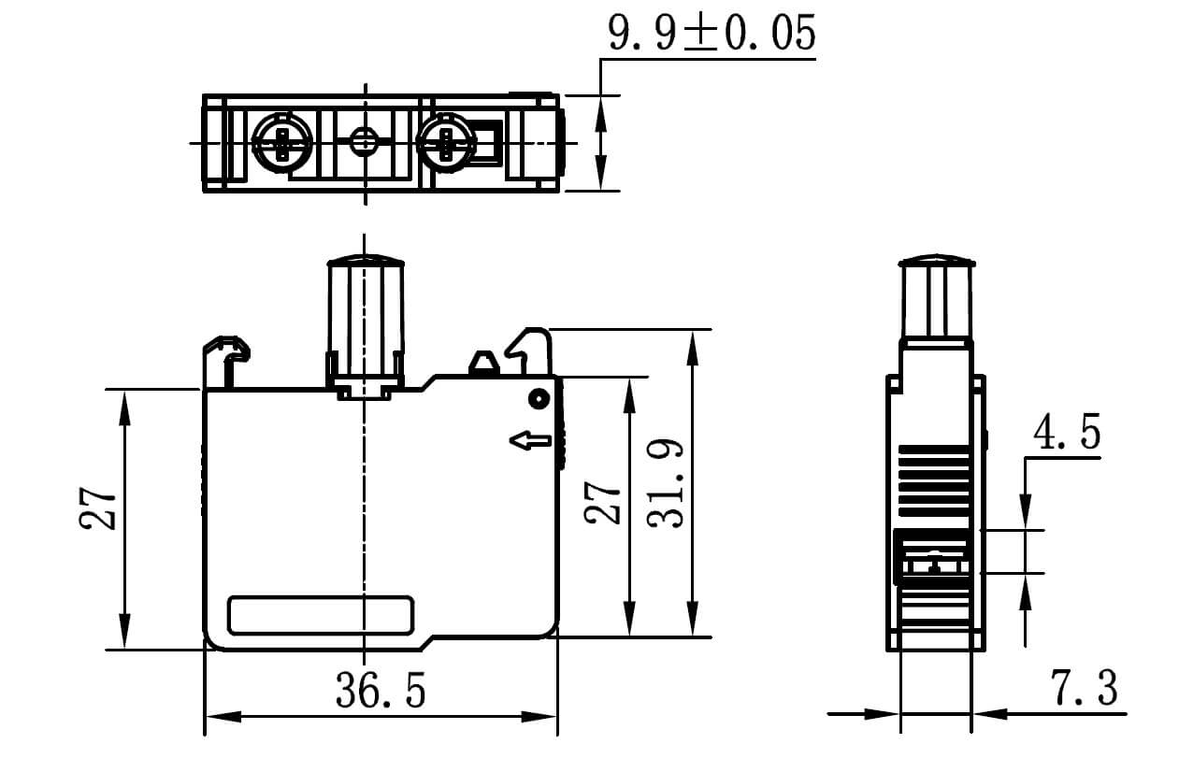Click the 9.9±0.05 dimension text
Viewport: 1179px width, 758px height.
pos(712,34)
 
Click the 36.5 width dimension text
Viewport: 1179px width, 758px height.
pos(381,691)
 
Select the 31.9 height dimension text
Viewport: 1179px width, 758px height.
pos(670,485)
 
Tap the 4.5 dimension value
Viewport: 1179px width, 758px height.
pos(1067,434)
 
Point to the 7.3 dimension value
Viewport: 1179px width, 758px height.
pos(1085,691)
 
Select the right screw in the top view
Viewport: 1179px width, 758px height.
pos(443,143)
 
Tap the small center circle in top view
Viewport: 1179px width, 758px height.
pos(363,143)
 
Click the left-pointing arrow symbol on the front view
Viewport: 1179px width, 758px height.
pos(532,439)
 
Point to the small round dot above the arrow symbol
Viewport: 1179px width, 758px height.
pos(538,399)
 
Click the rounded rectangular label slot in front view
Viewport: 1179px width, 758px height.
pos(321,615)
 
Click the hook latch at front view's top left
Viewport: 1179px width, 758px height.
pos(226,355)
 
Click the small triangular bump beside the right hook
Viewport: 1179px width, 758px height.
pos(482,363)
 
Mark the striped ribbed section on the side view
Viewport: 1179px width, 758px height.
pos(934,480)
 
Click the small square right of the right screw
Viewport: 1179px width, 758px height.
pos(484,143)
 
